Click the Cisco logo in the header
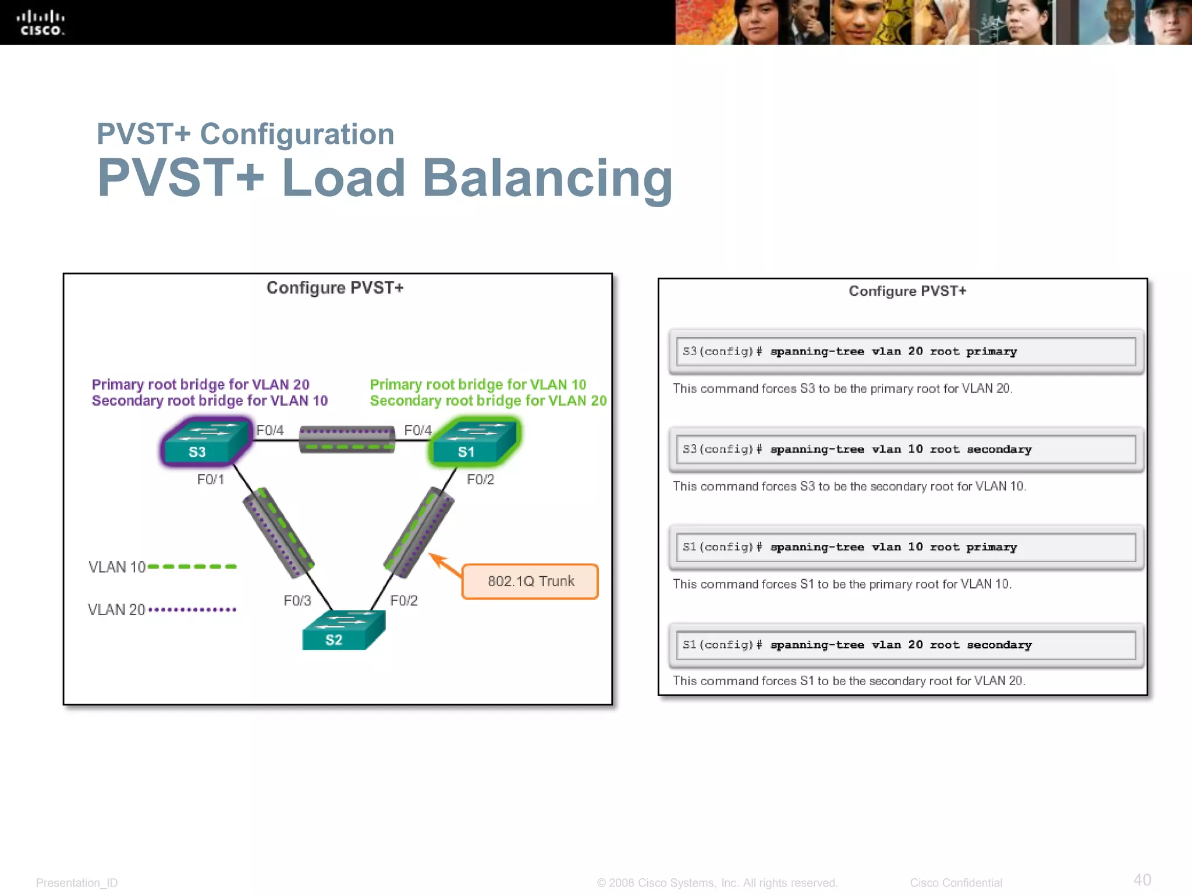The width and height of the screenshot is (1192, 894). (40, 23)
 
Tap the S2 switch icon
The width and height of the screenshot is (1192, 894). (342, 632)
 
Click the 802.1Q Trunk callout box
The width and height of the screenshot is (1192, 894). (530, 581)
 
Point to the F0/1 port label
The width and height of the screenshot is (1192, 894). (210, 480)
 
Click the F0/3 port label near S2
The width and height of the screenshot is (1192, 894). (297, 601)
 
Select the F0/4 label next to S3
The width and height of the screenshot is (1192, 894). (270, 430)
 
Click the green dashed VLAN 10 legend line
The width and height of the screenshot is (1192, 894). (192, 566)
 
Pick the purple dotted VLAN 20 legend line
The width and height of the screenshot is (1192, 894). (192, 609)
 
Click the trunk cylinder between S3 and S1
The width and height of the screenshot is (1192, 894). (347, 439)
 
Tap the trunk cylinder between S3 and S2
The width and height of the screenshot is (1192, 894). (278, 533)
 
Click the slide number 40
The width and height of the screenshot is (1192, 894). (1142, 879)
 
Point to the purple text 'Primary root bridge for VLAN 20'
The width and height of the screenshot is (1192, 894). (200, 385)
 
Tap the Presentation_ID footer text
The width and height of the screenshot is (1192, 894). (77, 883)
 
